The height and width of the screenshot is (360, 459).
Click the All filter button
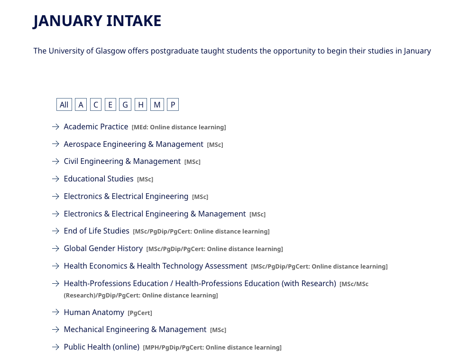tap(64, 105)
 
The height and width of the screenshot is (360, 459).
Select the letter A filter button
tap(81, 105)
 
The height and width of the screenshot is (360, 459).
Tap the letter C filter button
tap(96, 105)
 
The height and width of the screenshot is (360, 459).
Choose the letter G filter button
tap(125, 105)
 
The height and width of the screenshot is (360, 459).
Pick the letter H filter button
tap(141, 105)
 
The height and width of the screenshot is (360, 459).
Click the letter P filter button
tap(173, 105)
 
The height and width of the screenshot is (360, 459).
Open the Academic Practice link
tap(96, 126)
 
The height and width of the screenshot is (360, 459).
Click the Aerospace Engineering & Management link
tap(133, 144)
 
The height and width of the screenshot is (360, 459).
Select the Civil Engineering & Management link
tap(122, 161)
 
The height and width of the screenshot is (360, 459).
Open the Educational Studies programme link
tap(99, 179)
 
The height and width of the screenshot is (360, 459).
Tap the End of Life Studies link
tap(96, 231)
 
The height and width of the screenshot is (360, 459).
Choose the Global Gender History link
tap(103, 248)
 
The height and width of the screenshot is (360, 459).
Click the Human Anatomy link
tap(94, 312)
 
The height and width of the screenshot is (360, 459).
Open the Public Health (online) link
tap(101, 347)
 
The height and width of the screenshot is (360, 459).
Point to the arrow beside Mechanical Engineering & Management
tap(55, 329)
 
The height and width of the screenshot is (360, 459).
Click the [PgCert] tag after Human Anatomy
tap(140, 313)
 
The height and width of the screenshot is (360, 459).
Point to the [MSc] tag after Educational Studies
tap(145, 179)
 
